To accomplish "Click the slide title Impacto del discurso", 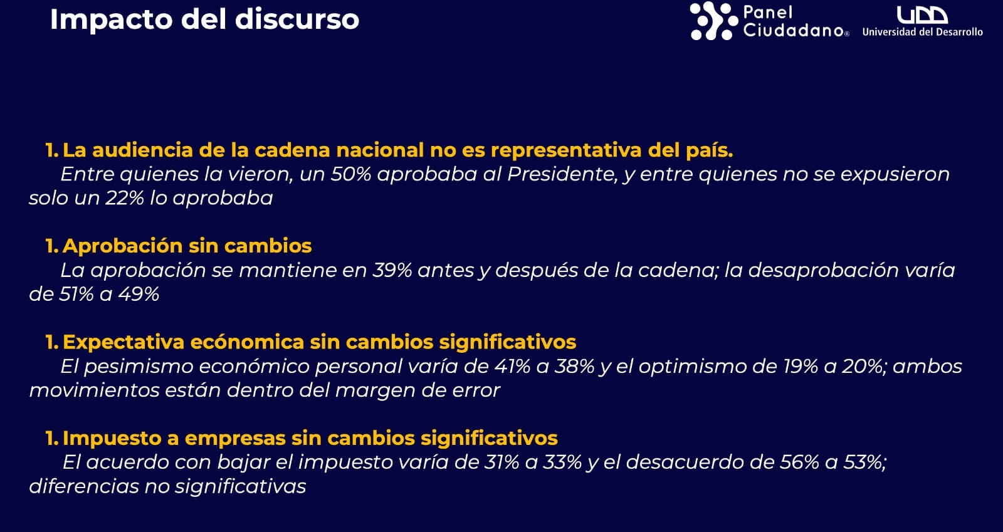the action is (204, 19).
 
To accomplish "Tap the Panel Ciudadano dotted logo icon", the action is (714, 21).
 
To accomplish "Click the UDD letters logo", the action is (922, 15).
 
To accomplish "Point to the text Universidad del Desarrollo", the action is (922, 32).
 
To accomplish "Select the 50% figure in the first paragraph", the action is (350, 174).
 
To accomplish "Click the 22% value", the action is (125, 198).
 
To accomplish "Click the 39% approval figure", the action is (392, 270).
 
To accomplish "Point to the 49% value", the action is (139, 295).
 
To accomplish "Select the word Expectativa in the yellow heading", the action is (123, 342).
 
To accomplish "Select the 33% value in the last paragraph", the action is (562, 462).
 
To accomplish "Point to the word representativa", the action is (566, 150).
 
